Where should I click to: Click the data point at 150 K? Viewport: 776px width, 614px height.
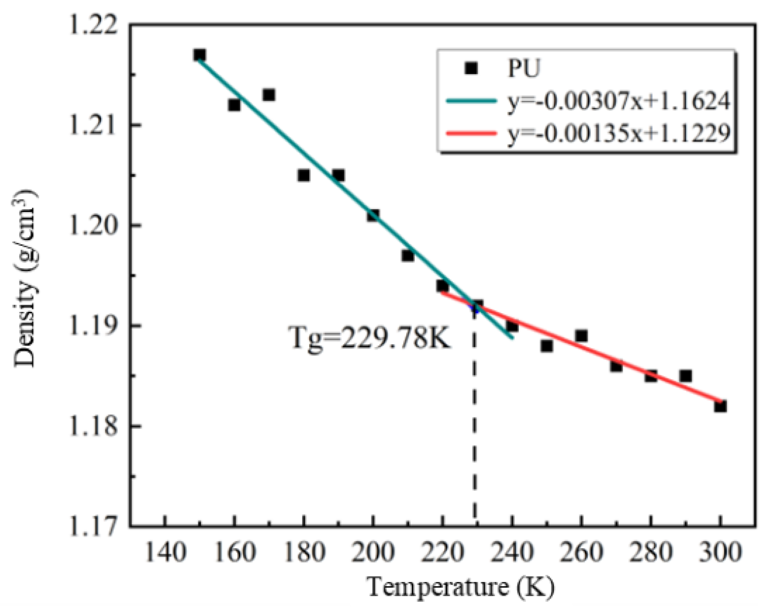[199, 55]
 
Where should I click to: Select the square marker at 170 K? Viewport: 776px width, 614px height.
[268, 95]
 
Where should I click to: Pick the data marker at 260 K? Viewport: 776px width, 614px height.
[581, 336]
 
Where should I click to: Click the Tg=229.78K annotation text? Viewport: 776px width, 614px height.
[370, 338]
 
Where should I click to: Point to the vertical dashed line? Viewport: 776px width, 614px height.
[475, 431]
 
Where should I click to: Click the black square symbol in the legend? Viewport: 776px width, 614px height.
[471, 68]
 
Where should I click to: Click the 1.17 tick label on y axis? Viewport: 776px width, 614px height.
[93, 526]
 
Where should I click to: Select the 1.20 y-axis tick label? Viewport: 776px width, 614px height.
[93, 225]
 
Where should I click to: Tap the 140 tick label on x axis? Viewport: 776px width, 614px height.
[165, 552]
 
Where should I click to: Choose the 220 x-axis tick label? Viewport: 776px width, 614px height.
[442, 552]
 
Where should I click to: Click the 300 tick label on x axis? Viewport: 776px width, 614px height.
[720, 552]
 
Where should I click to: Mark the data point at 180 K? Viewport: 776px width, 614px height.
[303, 176]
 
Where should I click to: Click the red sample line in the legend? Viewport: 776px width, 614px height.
[471, 133]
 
